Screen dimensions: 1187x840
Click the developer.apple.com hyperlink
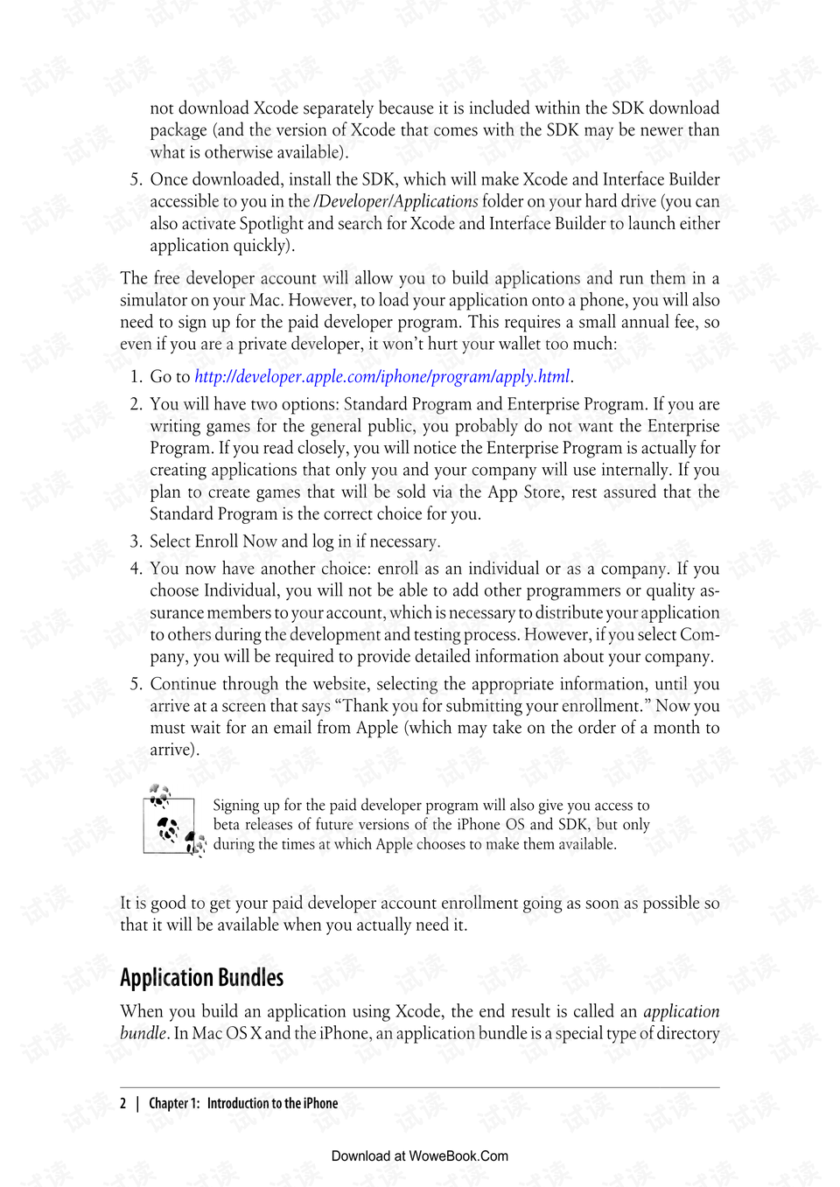tap(382, 377)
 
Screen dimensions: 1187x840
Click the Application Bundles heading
tap(202, 978)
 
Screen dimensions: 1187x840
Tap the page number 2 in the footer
tap(123, 1104)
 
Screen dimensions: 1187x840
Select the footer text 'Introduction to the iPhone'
tap(272, 1104)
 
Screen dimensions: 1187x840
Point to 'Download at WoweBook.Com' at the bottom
tap(420, 1156)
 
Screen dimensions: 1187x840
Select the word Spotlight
tap(271, 224)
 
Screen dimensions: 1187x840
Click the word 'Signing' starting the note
tap(236, 806)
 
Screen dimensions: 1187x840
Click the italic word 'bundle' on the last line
tap(143, 1033)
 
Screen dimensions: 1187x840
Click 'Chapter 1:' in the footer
tap(174, 1104)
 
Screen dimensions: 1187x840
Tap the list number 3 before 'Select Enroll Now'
tap(136, 541)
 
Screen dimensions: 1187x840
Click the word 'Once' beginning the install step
tap(169, 179)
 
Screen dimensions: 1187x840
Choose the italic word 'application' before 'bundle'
tap(681, 1012)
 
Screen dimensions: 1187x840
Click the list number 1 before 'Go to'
tap(136, 377)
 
